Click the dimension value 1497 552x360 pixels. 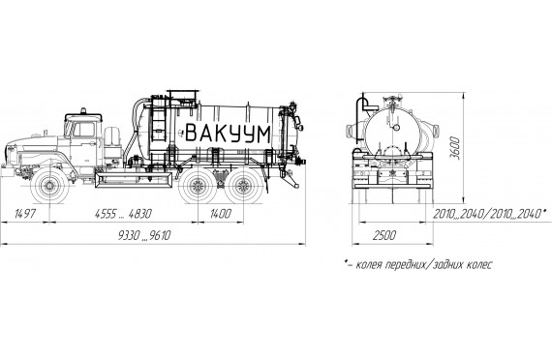coord(25,214)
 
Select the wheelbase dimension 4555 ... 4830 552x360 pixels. coord(123,214)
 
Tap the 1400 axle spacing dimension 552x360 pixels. coord(221,214)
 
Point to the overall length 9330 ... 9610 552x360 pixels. coord(144,235)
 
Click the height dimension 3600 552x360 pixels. coord(455,148)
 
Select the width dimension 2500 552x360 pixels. coord(384,235)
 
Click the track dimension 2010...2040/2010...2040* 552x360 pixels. coord(490,214)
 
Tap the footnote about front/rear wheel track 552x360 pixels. coord(418,264)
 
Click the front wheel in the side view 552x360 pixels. coord(49,186)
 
